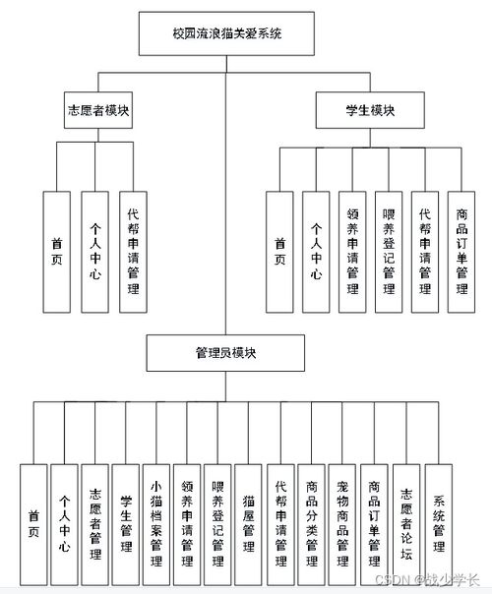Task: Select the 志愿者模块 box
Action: (96, 110)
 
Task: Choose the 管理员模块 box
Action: (225, 350)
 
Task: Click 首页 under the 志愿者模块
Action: (57, 251)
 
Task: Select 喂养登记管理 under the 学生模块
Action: (389, 251)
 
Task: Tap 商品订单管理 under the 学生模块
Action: (461, 251)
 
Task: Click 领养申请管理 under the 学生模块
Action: (352, 251)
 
